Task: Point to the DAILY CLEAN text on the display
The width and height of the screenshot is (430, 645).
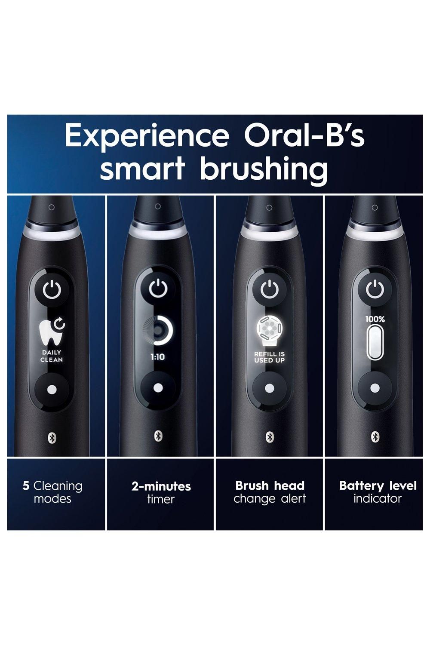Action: (x=52, y=356)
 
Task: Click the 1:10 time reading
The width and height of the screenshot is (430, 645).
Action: (x=157, y=356)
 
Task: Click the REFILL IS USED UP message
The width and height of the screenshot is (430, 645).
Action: (x=270, y=357)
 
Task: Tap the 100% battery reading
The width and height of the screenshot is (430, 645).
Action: (x=375, y=319)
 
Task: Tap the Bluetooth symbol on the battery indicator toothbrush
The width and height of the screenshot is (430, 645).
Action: (x=375, y=436)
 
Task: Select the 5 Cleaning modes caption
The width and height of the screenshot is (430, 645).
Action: (x=52, y=492)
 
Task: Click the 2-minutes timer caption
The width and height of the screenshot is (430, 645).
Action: (x=161, y=492)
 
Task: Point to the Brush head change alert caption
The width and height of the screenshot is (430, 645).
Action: (x=270, y=492)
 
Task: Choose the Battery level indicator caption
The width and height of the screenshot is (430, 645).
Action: (x=378, y=492)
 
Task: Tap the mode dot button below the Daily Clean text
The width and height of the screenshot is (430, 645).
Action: (x=52, y=389)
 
